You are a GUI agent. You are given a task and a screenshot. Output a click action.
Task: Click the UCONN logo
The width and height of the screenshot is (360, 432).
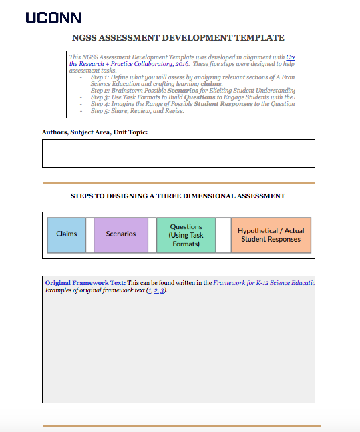(x=53, y=17)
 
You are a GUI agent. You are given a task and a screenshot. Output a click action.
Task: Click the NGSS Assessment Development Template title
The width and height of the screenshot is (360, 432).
(x=178, y=38)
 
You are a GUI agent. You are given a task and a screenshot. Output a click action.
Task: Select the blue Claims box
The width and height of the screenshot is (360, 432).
(x=67, y=234)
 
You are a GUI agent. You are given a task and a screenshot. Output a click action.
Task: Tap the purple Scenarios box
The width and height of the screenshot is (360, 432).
(x=121, y=234)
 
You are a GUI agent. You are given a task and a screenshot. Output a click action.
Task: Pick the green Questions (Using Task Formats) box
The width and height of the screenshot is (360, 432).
(x=186, y=236)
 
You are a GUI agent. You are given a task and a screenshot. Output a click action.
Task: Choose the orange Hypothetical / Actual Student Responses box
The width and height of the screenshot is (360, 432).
(x=271, y=235)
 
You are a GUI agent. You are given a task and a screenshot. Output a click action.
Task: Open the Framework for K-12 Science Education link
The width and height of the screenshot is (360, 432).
(x=264, y=283)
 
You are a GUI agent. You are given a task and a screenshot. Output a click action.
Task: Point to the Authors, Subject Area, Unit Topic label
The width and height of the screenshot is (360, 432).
(x=95, y=132)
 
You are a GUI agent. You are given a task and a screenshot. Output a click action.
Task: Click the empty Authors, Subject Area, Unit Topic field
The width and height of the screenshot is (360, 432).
(x=178, y=153)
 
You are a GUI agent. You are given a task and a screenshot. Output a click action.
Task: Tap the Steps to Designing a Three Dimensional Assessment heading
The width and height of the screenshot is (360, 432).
(x=178, y=196)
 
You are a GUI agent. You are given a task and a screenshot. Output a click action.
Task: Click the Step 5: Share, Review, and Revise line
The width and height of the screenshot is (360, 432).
(x=138, y=111)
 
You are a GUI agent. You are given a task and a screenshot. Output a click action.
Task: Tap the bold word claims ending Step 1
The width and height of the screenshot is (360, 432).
(x=211, y=84)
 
